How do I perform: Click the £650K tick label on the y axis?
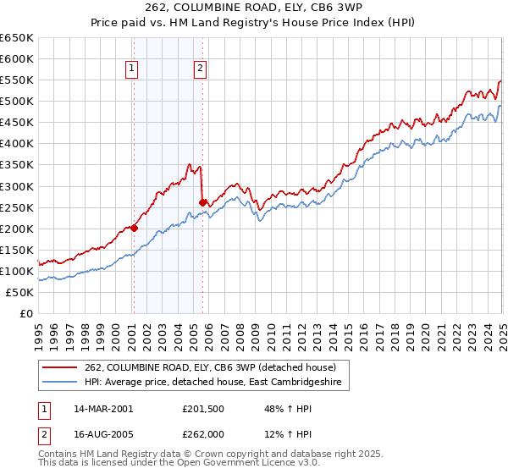pos(17,38)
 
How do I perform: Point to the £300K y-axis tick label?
pos(17,186)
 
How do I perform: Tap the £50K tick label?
pos(20,292)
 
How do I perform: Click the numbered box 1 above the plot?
pos(133,70)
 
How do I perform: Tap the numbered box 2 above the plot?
pos(200,70)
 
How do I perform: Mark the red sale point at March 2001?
pos(134,228)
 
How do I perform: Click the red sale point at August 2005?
pos(202,202)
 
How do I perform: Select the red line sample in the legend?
pos(61,367)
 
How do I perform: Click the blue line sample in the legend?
pos(61,383)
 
